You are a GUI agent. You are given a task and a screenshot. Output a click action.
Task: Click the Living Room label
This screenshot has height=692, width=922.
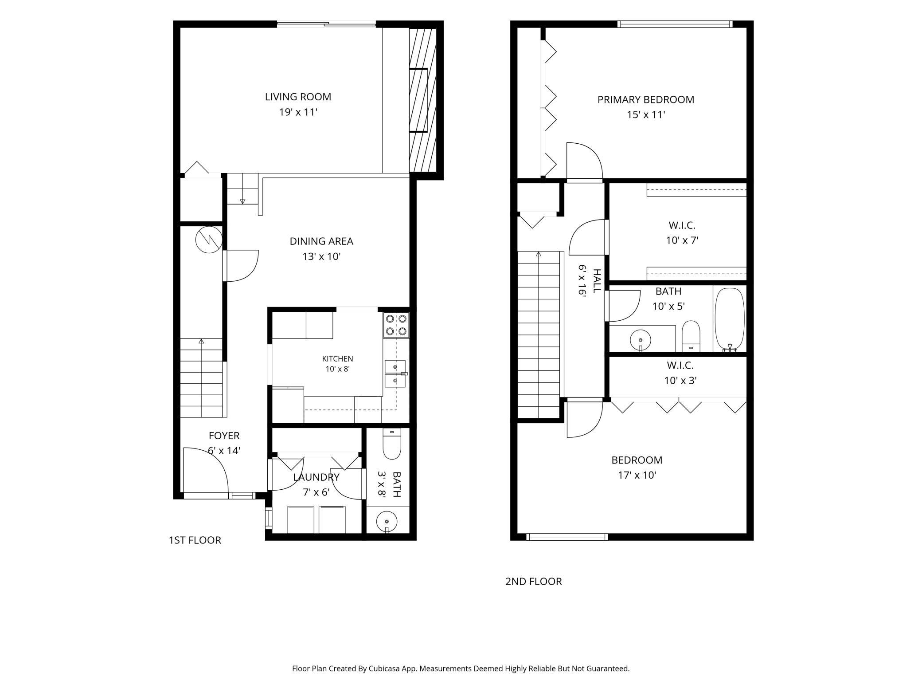point(298,97)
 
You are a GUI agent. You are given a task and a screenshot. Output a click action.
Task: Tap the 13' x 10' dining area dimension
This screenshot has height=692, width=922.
point(321,256)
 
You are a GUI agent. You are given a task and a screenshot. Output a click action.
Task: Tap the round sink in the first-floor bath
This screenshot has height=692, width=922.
point(387,521)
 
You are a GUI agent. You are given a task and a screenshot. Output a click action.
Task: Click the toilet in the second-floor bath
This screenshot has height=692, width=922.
point(691,336)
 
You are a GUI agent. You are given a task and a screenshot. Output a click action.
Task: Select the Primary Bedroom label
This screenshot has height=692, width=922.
point(645,99)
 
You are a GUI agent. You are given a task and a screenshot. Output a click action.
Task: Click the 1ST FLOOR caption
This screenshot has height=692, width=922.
point(195,540)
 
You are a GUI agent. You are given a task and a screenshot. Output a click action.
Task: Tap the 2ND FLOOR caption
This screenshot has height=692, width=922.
point(533,582)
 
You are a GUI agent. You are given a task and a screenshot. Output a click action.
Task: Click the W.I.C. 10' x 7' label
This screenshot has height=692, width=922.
point(682,233)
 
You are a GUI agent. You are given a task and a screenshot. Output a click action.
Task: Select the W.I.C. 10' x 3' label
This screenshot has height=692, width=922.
point(680,373)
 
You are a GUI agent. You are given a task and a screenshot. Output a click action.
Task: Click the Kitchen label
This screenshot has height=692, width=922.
point(338,359)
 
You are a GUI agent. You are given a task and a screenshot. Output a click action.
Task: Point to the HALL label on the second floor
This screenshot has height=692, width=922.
point(597,281)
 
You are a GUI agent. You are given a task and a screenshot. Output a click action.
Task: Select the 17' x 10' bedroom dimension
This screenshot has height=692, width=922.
point(637,475)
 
